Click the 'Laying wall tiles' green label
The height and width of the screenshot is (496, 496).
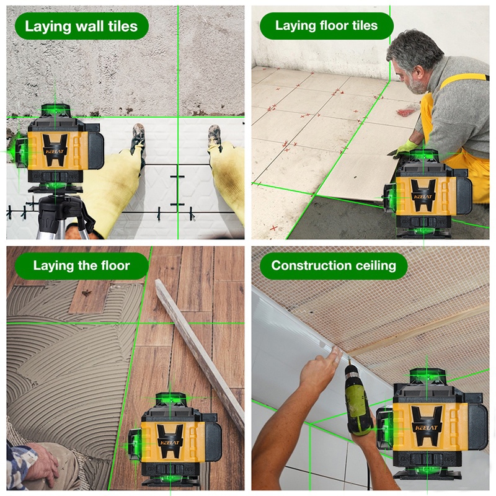point(82,26)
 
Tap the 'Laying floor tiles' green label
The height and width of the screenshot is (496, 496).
point(327,25)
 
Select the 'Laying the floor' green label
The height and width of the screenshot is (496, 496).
point(82,265)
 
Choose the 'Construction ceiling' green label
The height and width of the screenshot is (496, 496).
point(334,265)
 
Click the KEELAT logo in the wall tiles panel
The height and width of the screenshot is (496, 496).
point(55,151)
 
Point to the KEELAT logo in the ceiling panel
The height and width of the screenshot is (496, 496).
point(426,428)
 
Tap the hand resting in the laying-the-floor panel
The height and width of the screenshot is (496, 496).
point(40,458)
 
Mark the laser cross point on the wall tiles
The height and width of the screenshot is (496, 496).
point(178,117)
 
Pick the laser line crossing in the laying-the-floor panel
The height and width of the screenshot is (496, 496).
point(138,323)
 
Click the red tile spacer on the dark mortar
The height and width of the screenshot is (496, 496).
point(274,228)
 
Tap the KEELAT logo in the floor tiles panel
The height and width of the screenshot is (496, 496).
point(423,197)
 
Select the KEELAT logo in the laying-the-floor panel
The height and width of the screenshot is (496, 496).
point(169,443)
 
